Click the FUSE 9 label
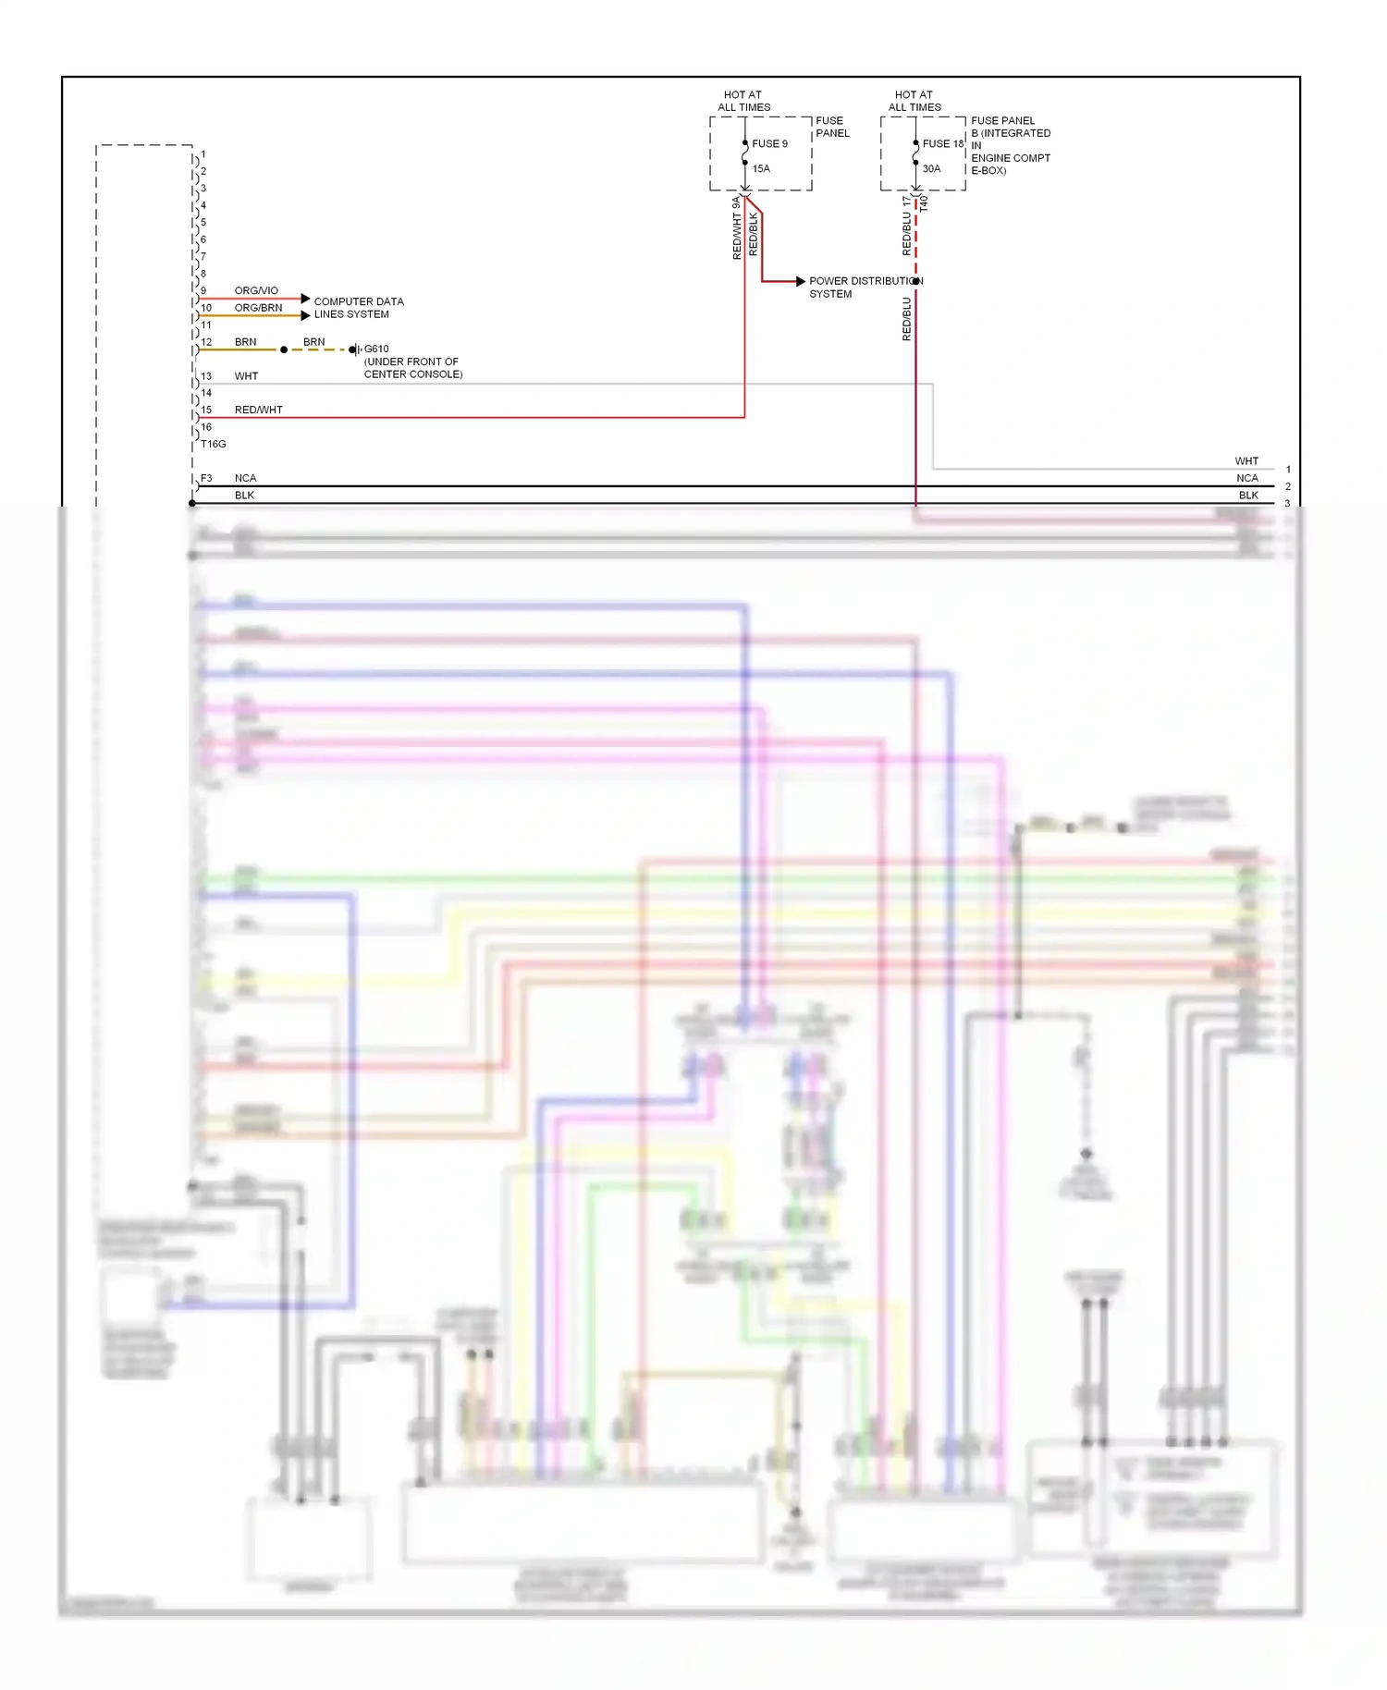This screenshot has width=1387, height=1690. click(x=769, y=143)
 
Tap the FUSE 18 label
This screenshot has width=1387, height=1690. click(x=942, y=143)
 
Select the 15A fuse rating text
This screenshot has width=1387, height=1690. click(x=760, y=168)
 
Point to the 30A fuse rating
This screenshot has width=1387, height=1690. click(x=931, y=168)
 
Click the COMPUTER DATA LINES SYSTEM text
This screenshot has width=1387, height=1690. click(x=358, y=308)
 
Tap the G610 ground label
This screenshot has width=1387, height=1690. click(x=376, y=349)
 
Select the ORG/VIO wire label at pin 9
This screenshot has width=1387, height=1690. click(x=256, y=290)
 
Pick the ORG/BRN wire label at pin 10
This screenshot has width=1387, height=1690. click(x=258, y=307)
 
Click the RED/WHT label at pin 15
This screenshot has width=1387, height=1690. click(x=258, y=410)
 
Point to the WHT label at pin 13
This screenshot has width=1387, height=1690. click(x=246, y=376)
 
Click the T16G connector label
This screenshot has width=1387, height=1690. click(x=213, y=444)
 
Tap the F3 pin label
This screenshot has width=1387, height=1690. click(x=206, y=478)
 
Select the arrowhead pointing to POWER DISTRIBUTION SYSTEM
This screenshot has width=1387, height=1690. click(x=800, y=281)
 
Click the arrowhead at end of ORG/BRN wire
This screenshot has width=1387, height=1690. click(x=305, y=315)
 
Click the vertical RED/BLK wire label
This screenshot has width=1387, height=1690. click(x=754, y=234)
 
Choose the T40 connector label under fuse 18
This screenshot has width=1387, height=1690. click(x=924, y=204)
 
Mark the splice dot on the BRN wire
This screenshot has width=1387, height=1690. click(x=284, y=349)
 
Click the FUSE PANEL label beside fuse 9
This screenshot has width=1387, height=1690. click(x=831, y=127)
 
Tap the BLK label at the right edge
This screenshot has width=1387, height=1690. click(x=1248, y=495)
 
